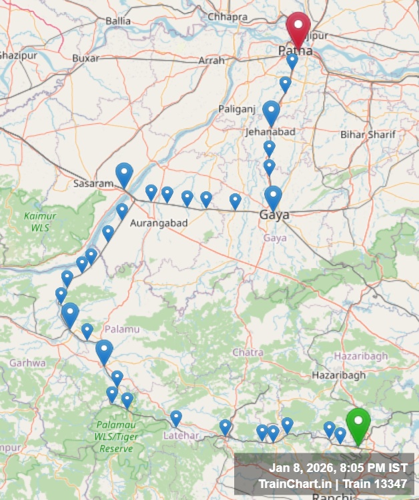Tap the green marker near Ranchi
click(358, 425)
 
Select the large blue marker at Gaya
click(273, 197)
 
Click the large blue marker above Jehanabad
click(271, 112)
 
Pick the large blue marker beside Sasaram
click(124, 174)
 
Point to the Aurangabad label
click(159, 223)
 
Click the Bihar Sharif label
click(368, 135)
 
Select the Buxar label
click(85, 58)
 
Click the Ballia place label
click(118, 21)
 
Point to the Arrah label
click(212, 61)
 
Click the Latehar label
click(181, 435)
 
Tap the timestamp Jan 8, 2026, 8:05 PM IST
click(338, 468)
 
